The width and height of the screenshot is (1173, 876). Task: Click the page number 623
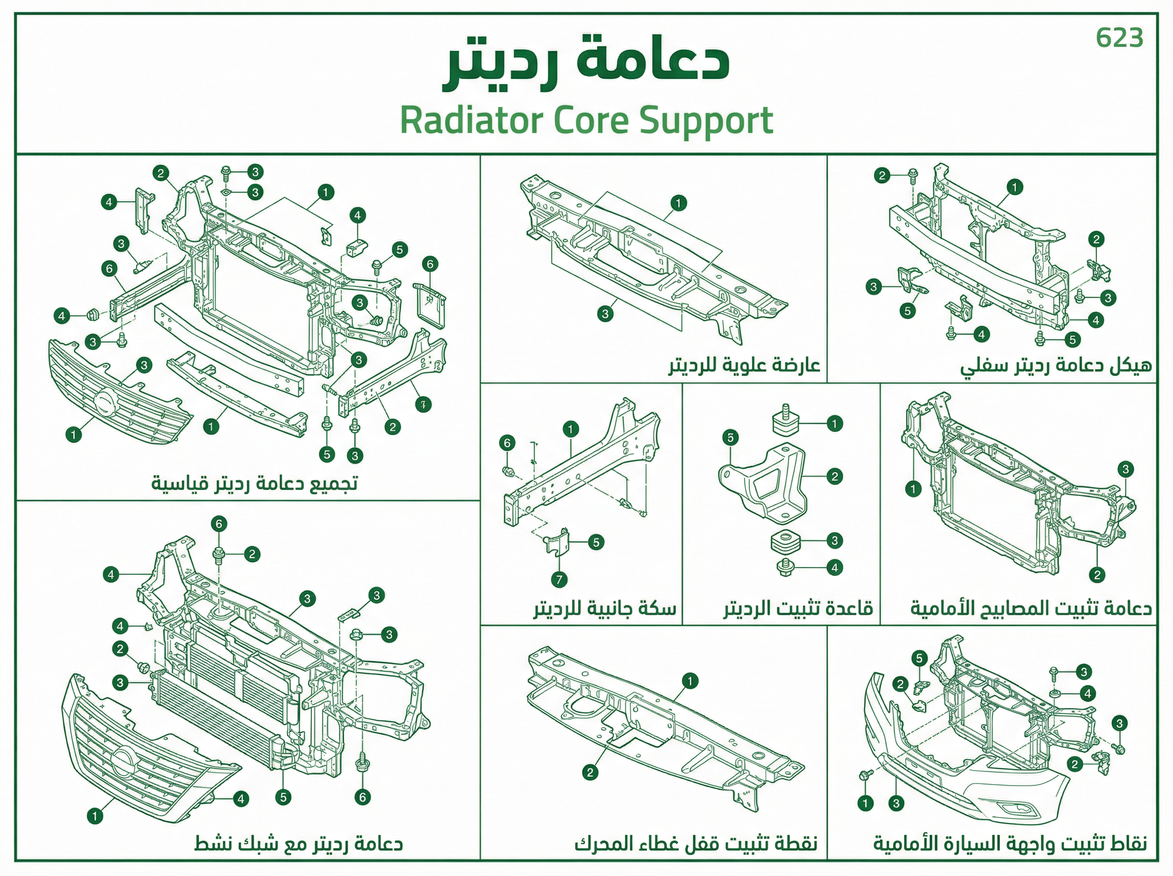pos(1119,38)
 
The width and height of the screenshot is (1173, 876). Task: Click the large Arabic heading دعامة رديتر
pos(586,63)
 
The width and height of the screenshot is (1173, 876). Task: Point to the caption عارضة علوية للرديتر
pos(744,365)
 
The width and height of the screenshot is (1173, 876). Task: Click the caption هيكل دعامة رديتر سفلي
pos(1056,366)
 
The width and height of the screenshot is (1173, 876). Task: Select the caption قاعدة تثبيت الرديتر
pos(799,608)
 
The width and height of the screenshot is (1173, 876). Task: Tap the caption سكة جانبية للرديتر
pos(605,608)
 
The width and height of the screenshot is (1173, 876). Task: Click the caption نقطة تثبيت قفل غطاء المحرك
pos(696,843)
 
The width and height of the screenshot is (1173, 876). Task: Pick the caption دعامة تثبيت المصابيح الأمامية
pos(1031,608)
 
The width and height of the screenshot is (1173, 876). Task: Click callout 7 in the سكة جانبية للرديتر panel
pos(559,580)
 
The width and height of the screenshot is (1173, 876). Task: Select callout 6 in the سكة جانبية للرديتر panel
pos(507,443)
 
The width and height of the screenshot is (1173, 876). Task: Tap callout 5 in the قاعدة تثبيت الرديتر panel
pos(730,438)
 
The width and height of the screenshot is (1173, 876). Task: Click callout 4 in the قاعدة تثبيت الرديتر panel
pos(834,568)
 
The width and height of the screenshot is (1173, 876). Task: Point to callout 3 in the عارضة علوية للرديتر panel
pos(605,314)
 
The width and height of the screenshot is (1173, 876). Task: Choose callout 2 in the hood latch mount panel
pos(590,772)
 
